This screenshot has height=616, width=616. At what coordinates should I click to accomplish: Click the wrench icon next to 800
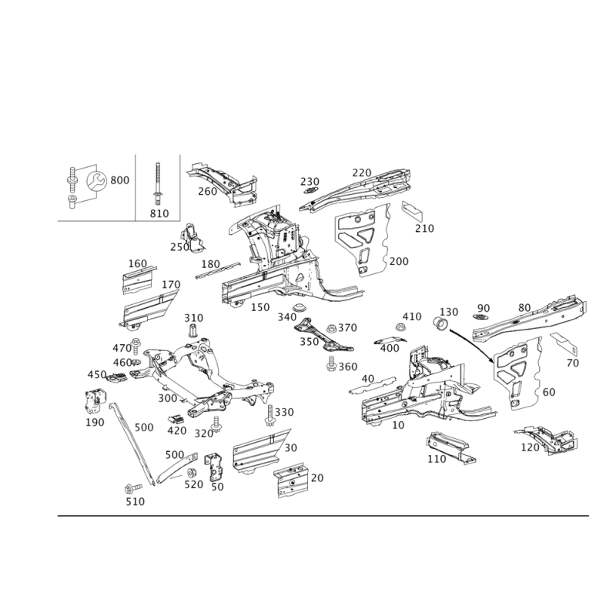[96, 181]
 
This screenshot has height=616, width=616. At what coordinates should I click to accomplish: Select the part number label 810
[159, 214]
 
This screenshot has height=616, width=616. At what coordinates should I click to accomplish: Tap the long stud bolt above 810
[158, 183]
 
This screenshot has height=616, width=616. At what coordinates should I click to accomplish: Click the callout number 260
[207, 191]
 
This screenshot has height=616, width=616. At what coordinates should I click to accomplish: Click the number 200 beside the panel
[399, 261]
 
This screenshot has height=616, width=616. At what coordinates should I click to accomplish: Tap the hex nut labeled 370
[331, 328]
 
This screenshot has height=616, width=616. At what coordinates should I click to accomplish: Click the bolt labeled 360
[332, 363]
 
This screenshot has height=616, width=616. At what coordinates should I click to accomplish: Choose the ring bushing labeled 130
[440, 324]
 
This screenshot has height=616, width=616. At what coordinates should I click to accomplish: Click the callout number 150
[260, 307]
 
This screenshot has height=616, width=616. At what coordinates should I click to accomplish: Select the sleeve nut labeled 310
[193, 330]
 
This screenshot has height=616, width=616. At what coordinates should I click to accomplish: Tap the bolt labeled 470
[136, 346]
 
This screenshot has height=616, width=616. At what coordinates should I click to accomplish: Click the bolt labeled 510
[132, 489]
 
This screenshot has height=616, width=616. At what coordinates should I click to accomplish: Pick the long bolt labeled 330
[269, 416]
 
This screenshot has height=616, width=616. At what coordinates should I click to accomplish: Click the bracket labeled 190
[95, 401]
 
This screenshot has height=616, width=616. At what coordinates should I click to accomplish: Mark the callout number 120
[530, 447]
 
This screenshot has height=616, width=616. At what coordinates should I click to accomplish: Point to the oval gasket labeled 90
[480, 317]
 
